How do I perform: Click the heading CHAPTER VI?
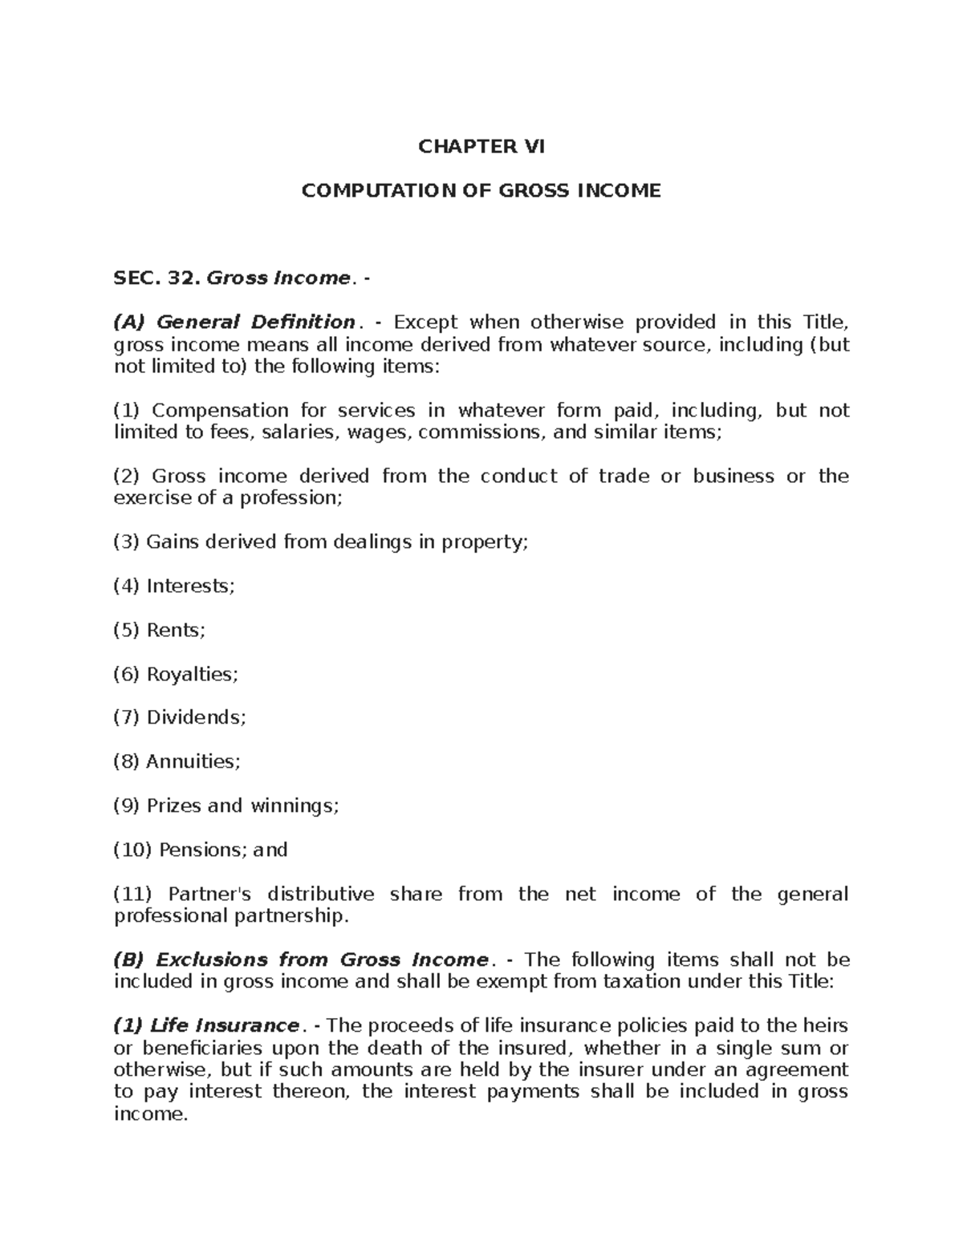481,147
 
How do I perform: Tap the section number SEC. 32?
156,278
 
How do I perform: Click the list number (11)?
132,894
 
